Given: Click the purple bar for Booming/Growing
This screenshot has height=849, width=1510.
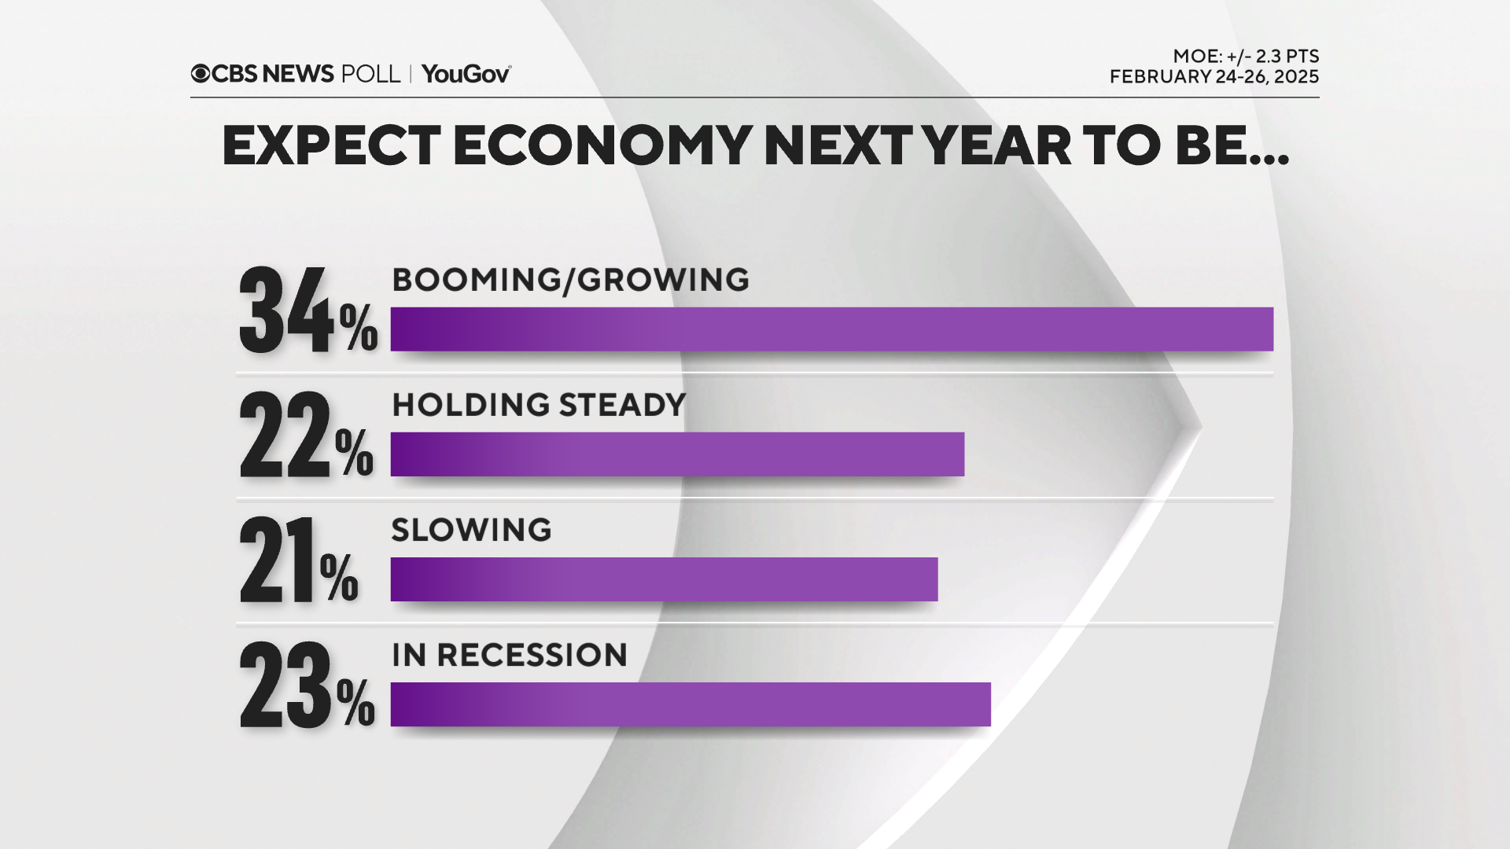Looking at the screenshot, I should [831, 329].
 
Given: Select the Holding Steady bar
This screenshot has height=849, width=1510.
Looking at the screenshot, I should [677, 454].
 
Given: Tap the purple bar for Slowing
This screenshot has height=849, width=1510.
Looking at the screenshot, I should [664, 579].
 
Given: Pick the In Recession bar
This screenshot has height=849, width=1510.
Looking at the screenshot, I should [691, 704].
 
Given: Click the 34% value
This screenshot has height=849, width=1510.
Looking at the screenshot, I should [308, 311].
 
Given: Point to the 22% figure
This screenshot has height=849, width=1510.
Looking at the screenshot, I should [306, 436].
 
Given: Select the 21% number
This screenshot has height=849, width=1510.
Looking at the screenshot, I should [298, 561].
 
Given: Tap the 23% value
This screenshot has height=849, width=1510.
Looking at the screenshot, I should [307, 686].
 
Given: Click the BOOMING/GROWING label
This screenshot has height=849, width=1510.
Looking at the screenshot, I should [570, 280].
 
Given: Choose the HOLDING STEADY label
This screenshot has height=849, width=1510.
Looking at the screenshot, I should [539, 405].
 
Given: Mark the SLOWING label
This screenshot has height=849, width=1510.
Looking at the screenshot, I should [471, 530].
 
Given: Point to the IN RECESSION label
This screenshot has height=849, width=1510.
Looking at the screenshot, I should [510, 655].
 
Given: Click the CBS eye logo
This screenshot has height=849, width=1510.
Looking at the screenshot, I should [201, 74].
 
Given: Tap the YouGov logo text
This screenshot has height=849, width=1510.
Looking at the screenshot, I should [466, 74].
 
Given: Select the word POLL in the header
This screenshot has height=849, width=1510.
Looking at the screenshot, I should [370, 74].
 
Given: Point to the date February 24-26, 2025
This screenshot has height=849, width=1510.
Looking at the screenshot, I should [1214, 77].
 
